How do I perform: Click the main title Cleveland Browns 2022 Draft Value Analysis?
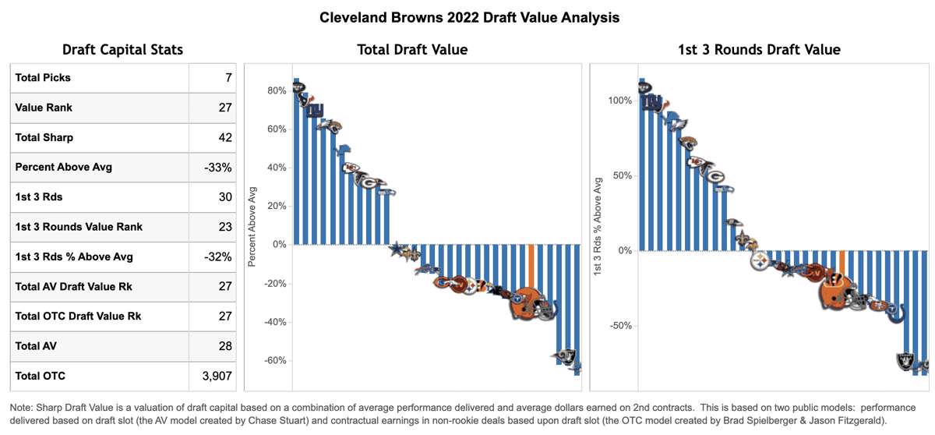coord(470,17)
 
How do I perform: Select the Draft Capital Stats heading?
coord(122,50)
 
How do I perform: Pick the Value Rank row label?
coord(44,108)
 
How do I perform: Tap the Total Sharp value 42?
coord(224,138)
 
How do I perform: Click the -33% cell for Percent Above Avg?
coord(218,168)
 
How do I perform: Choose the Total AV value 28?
coord(224,347)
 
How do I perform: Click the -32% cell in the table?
coord(218,257)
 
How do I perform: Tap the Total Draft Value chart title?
coord(412,50)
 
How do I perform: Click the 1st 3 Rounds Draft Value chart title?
coord(759,50)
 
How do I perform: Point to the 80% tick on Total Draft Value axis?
coord(277,90)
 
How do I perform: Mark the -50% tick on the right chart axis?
coord(622,326)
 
